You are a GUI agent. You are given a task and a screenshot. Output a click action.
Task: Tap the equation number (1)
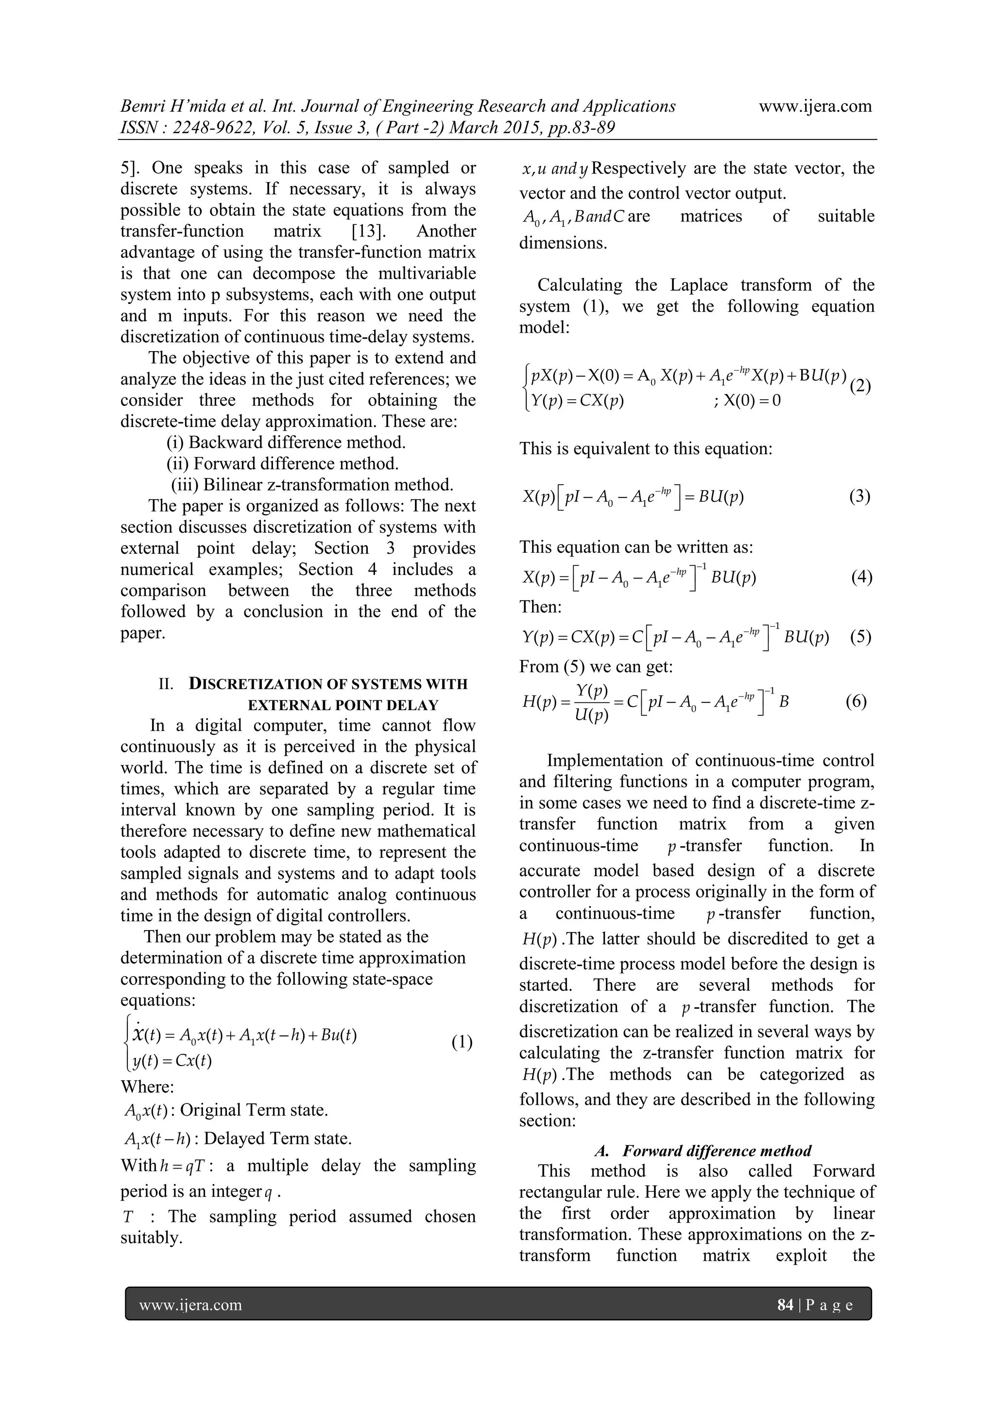click(462, 1042)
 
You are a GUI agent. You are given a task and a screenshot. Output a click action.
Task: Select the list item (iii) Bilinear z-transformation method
click(312, 485)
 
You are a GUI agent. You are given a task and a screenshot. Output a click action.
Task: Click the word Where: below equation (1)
click(147, 1086)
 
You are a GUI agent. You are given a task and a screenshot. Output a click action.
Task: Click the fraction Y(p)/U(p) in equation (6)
click(592, 703)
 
